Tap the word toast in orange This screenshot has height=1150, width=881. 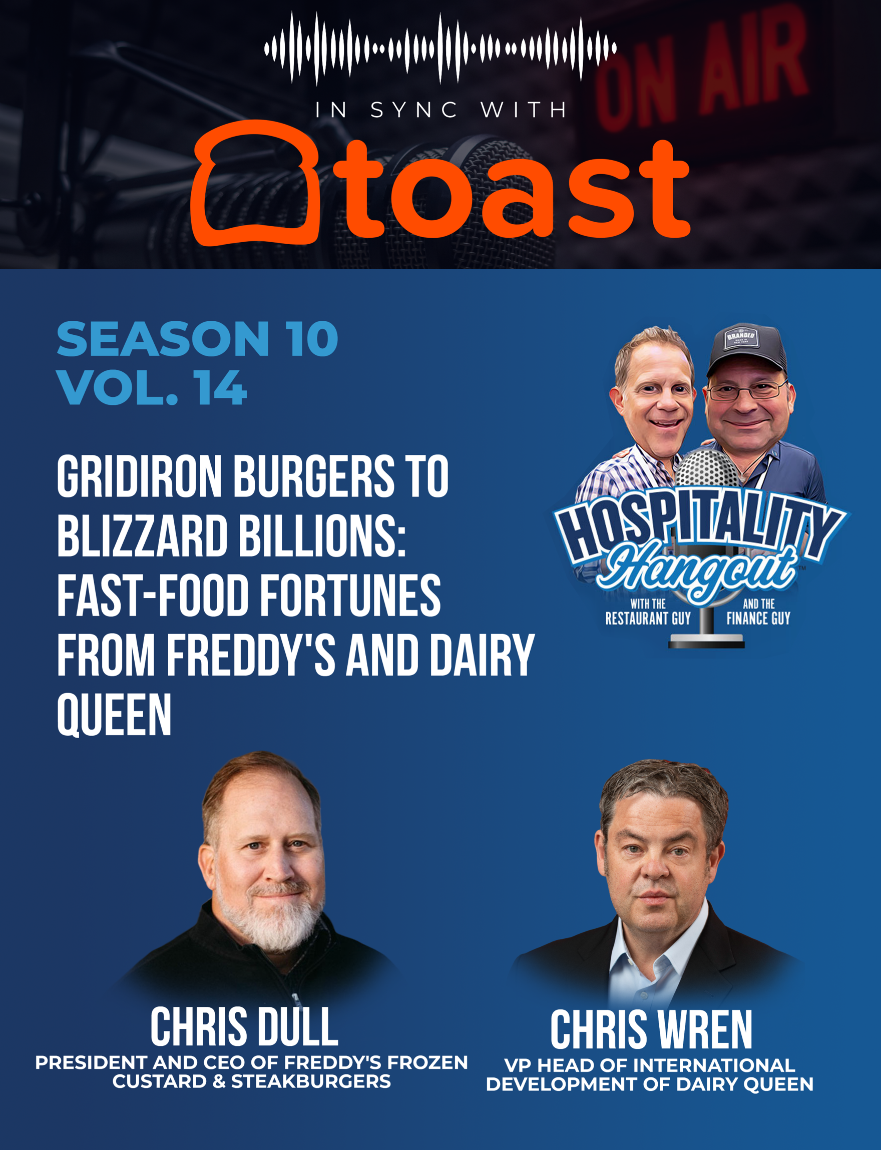point(511,189)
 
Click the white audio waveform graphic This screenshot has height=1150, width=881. point(441,49)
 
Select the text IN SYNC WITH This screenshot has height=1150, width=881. point(441,110)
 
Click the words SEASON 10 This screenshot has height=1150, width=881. point(197,339)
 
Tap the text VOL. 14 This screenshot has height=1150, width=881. point(152,387)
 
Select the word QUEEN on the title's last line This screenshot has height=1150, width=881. point(114,715)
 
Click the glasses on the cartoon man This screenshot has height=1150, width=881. point(747,390)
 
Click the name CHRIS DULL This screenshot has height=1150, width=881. point(244,1027)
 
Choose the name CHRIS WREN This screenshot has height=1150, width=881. point(651,1029)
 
